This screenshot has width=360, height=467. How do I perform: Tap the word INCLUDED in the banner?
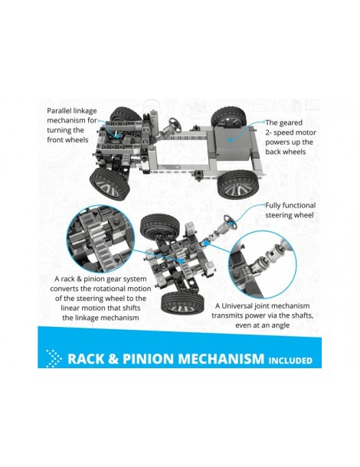coord(290,361)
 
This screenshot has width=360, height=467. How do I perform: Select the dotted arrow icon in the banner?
coord(54,358)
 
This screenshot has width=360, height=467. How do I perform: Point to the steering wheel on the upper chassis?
coord(175,124)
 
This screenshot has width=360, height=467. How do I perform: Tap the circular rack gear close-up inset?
coord(100,239)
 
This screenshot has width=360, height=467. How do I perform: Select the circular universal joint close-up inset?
coord(263,264)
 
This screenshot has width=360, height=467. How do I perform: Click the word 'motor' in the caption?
coord(306,132)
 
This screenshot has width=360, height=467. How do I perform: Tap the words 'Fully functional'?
coord(290,205)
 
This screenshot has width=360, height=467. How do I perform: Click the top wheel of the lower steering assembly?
coord(159,227)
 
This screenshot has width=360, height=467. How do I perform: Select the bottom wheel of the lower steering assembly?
coord(182,302)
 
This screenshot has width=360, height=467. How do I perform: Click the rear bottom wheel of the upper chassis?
coord(238,184)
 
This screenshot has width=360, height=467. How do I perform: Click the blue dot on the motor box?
coord(230,139)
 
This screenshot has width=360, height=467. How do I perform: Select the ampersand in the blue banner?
coord(113,358)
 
